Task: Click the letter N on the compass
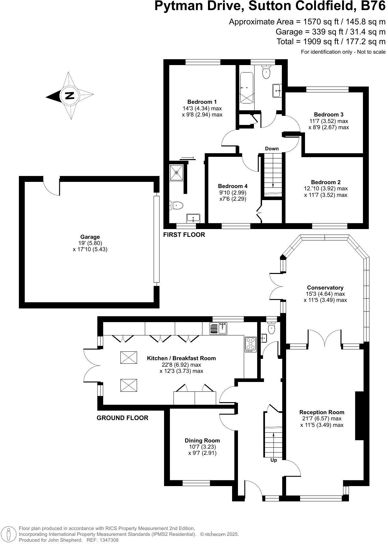(x=70, y=96)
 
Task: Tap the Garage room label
(x=90, y=237)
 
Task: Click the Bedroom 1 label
(x=202, y=102)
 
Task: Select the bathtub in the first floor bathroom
(x=246, y=88)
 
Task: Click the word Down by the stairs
(x=271, y=149)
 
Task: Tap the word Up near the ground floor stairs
(x=273, y=460)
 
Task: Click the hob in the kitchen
(x=251, y=344)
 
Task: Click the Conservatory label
(x=325, y=288)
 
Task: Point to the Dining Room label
(x=202, y=441)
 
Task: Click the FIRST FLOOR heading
(x=184, y=235)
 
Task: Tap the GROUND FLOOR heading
(x=122, y=418)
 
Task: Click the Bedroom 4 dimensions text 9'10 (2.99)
(x=232, y=192)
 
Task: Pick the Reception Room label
(x=322, y=412)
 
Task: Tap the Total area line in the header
(x=331, y=42)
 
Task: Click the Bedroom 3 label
(x=328, y=115)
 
